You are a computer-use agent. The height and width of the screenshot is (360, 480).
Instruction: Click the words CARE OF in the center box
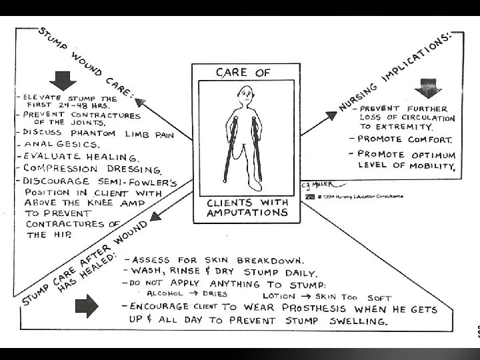point(246,72)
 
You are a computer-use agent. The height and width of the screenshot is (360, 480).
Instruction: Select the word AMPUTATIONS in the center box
point(246,213)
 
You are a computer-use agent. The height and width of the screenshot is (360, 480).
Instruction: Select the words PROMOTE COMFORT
point(405,140)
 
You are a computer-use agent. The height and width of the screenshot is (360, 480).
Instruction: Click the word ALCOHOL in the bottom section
point(167,293)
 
